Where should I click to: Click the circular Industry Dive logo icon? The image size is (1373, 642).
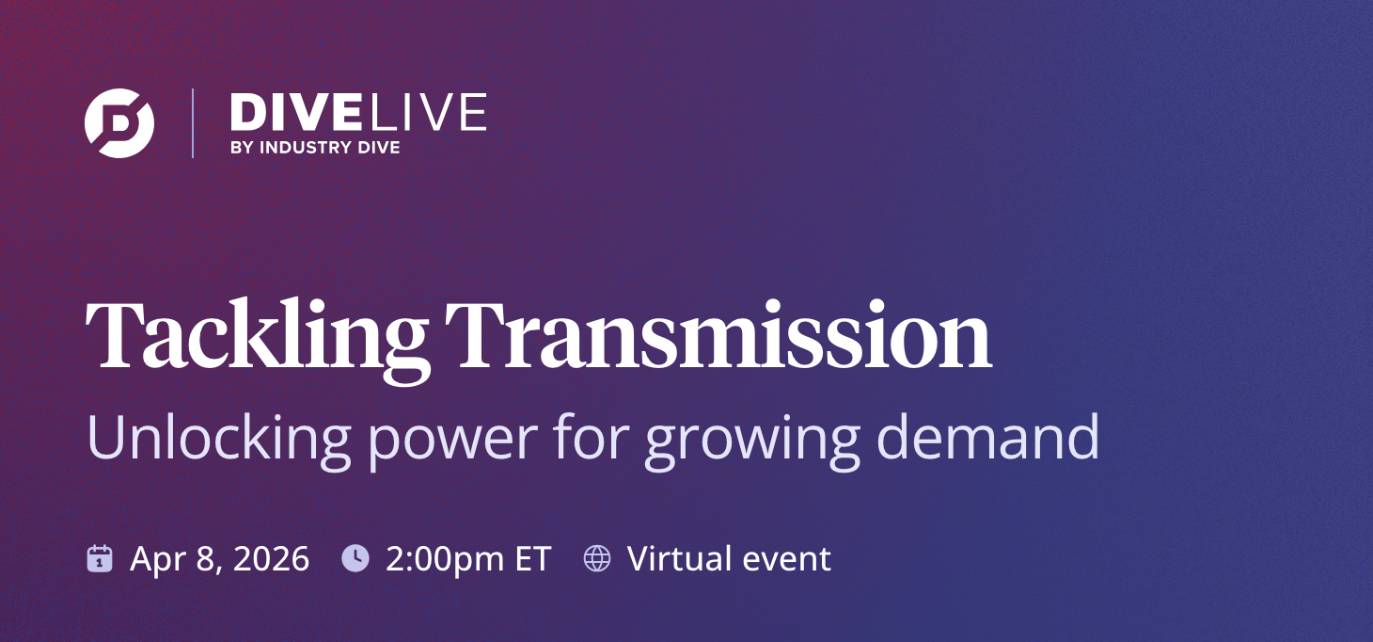pyautogui.click(x=119, y=122)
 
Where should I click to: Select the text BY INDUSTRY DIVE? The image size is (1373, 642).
pyautogui.click(x=314, y=147)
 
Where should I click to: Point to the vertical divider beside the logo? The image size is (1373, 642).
pyautogui.click(x=193, y=123)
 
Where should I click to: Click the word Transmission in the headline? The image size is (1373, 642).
pyautogui.click(x=718, y=337)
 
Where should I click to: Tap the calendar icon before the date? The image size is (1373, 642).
pyautogui.click(x=100, y=558)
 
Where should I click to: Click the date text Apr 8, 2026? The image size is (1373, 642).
pyautogui.click(x=219, y=559)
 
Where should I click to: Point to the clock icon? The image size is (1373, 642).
pyautogui.click(x=355, y=558)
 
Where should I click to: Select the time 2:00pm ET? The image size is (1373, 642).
pyautogui.click(x=467, y=559)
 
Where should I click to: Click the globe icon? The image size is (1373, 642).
pyautogui.click(x=596, y=558)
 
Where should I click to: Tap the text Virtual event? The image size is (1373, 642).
pyautogui.click(x=729, y=559)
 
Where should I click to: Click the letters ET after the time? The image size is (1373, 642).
pyautogui.click(x=531, y=559)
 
